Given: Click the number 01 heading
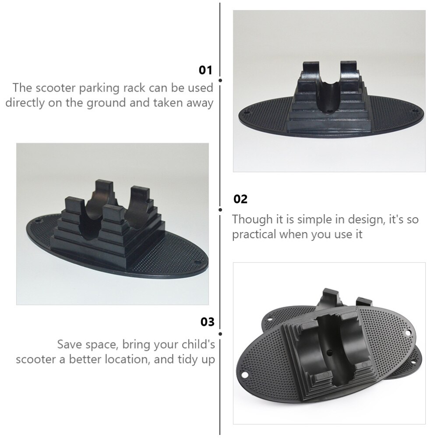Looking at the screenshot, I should tap(205, 70).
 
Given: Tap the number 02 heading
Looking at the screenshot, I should tap(240, 199).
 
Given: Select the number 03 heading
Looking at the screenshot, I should tap(208, 322).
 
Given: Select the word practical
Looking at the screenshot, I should tap(254, 234).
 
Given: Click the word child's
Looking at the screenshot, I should tap(195, 344).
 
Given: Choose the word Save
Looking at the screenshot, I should tap(70, 344).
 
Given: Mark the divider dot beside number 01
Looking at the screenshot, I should tap(220, 80).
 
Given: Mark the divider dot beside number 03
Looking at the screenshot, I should tap(220, 334).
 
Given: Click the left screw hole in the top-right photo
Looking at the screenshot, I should tap(245, 112).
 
